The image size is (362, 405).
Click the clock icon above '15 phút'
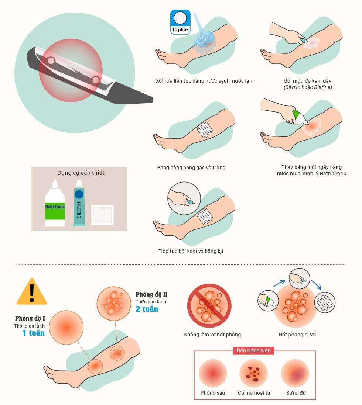[x=180, y=18]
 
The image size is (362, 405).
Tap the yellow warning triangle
[x=32, y=291]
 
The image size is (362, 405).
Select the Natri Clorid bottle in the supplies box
[x=55, y=203]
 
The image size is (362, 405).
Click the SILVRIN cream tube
[x=79, y=203]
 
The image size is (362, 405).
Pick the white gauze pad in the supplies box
[x=102, y=215]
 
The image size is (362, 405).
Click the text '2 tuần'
[x=147, y=309]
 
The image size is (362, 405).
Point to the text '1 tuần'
[x=34, y=333]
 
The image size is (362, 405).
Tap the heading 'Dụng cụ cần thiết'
[x=81, y=173]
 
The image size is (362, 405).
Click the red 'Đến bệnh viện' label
[x=253, y=350]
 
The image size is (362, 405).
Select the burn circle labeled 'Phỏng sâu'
[x=213, y=373]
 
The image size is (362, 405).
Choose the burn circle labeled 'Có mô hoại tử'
[x=253, y=373]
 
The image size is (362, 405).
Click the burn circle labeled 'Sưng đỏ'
[x=295, y=373]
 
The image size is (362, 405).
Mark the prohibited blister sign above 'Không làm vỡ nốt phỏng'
[x=209, y=306]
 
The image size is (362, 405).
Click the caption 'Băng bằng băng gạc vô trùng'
[x=191, y=167]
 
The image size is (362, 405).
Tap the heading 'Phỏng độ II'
[x=151, y=294]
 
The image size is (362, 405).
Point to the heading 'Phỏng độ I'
[x=30, y=318]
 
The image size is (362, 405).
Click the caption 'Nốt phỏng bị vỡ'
[x=297, y=335]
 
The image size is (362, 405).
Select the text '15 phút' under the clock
[x=180, y=30]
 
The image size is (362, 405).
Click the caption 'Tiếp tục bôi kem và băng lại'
[x=191, y=251]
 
